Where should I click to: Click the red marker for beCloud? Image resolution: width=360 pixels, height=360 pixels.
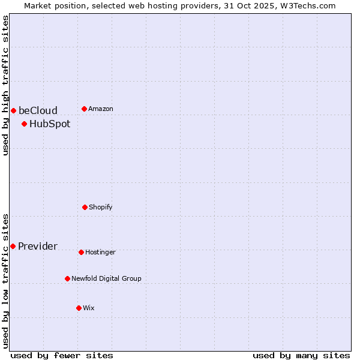pos(13,110)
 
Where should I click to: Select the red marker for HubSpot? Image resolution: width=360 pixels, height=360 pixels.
pos(24,124)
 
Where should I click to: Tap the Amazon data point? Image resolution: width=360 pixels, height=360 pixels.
pos(84,109)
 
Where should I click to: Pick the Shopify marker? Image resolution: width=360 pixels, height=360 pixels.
pos(85,207)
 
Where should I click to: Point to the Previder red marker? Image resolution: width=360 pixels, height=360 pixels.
pos(13,246)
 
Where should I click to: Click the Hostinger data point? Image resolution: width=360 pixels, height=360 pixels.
pos(81,252)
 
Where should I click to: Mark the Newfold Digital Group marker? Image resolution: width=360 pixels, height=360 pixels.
pos(67,278)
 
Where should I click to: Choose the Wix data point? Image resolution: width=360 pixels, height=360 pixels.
pos(79,308)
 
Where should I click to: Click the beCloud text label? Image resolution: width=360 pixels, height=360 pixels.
pos(38,110)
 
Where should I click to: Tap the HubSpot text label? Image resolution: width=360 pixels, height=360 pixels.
pos(50,124)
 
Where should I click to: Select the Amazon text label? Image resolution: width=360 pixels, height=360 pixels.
pos(101,109)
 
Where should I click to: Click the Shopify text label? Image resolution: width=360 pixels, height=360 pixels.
pos(101,207)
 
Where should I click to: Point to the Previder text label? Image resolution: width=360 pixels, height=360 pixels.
pos(38,246)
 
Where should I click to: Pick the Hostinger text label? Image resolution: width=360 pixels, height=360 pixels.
pos(100,252)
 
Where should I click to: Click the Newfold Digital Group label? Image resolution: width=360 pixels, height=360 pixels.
pos(107,278)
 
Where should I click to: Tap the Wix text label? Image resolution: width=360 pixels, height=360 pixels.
pos(89,308)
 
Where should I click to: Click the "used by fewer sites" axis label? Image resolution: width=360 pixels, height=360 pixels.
pos(62,355)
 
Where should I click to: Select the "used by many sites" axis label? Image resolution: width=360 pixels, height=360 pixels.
pos(301,355)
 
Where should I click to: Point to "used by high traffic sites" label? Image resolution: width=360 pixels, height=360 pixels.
pos(5,85)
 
